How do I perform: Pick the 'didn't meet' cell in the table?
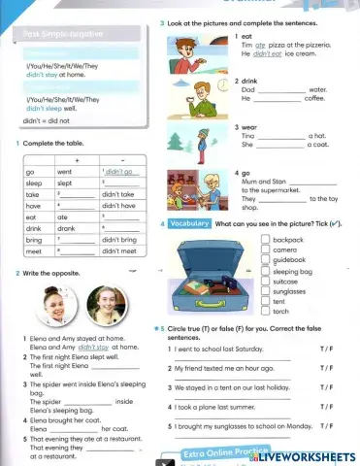coord(118,250)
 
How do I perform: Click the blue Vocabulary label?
coord(189,223)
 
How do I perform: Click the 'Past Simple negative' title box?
coord(74,35)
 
